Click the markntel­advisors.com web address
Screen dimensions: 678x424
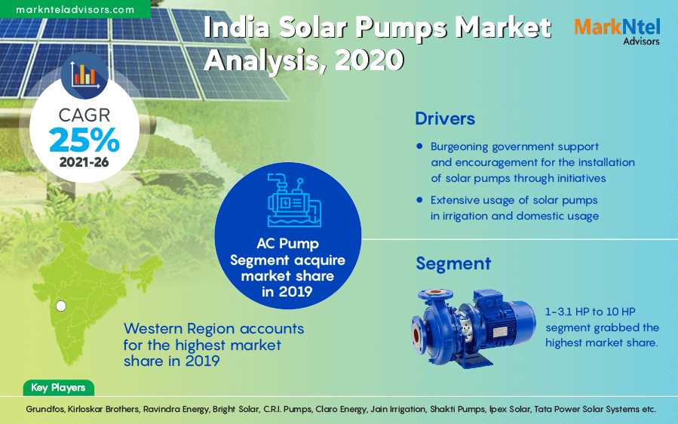[x=75, y=9]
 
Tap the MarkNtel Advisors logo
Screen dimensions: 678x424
[x=617, y=31]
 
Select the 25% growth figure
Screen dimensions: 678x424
[x=84, y=140]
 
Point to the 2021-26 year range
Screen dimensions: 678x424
[x=84, y=161]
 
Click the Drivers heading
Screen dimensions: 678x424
[x=445, y=118]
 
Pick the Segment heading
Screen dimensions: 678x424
[x=453, y=263]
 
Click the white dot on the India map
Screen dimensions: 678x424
[x=61, y=306]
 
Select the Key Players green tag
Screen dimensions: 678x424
[x=58, y=388]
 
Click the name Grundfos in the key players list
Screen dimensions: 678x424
[x=45, y=409]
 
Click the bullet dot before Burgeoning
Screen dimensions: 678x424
[x=419, y=146]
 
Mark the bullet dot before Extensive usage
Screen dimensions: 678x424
[x=419, y=200]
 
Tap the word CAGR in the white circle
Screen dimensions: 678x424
[x=84, y=115]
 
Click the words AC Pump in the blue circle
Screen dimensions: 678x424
[x=287, y=244]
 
